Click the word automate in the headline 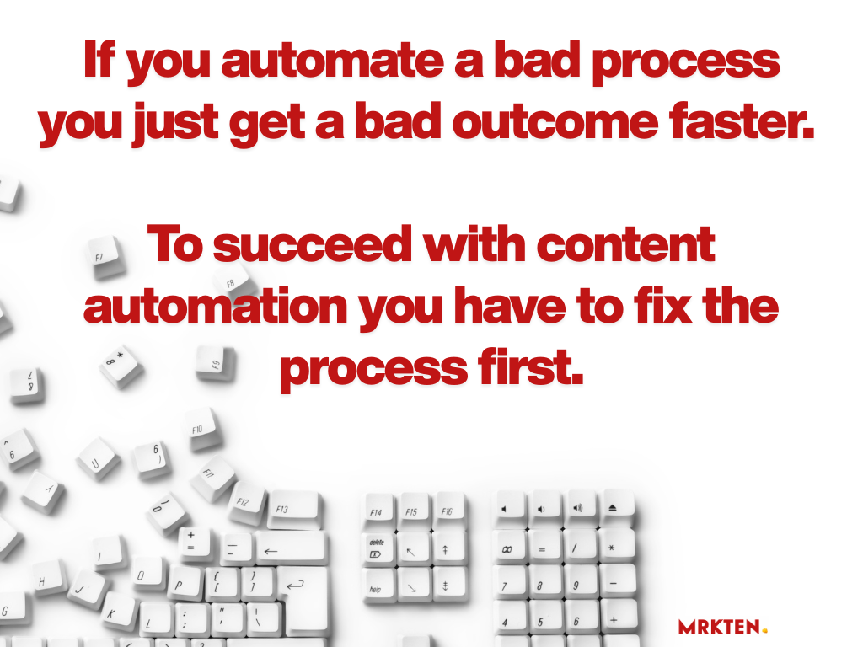coord(332,61)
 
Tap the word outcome coord(555,122)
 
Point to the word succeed coord(312,245)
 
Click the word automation coord(215,307)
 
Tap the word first coord(530,367)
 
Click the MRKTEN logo coord(722,626)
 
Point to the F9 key coord(216,363)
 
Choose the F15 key coord(414,512)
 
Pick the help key coord(378,586)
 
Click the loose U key coord(98,459)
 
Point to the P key coord(180,585)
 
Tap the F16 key coord(448,511)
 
